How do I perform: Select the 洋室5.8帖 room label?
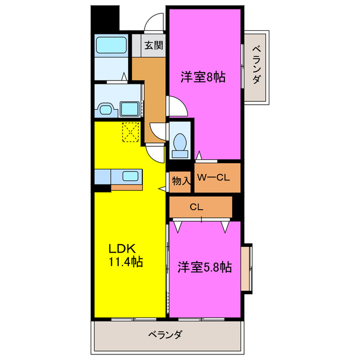205,267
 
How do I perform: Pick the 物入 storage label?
181,181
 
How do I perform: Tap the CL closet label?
196,207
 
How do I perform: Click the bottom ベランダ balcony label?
165,335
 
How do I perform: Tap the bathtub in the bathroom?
111,46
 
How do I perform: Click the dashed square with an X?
131,132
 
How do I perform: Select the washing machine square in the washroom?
131,108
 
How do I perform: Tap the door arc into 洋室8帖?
175,105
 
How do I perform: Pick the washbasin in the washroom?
105,108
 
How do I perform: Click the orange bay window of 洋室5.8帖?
246,268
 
